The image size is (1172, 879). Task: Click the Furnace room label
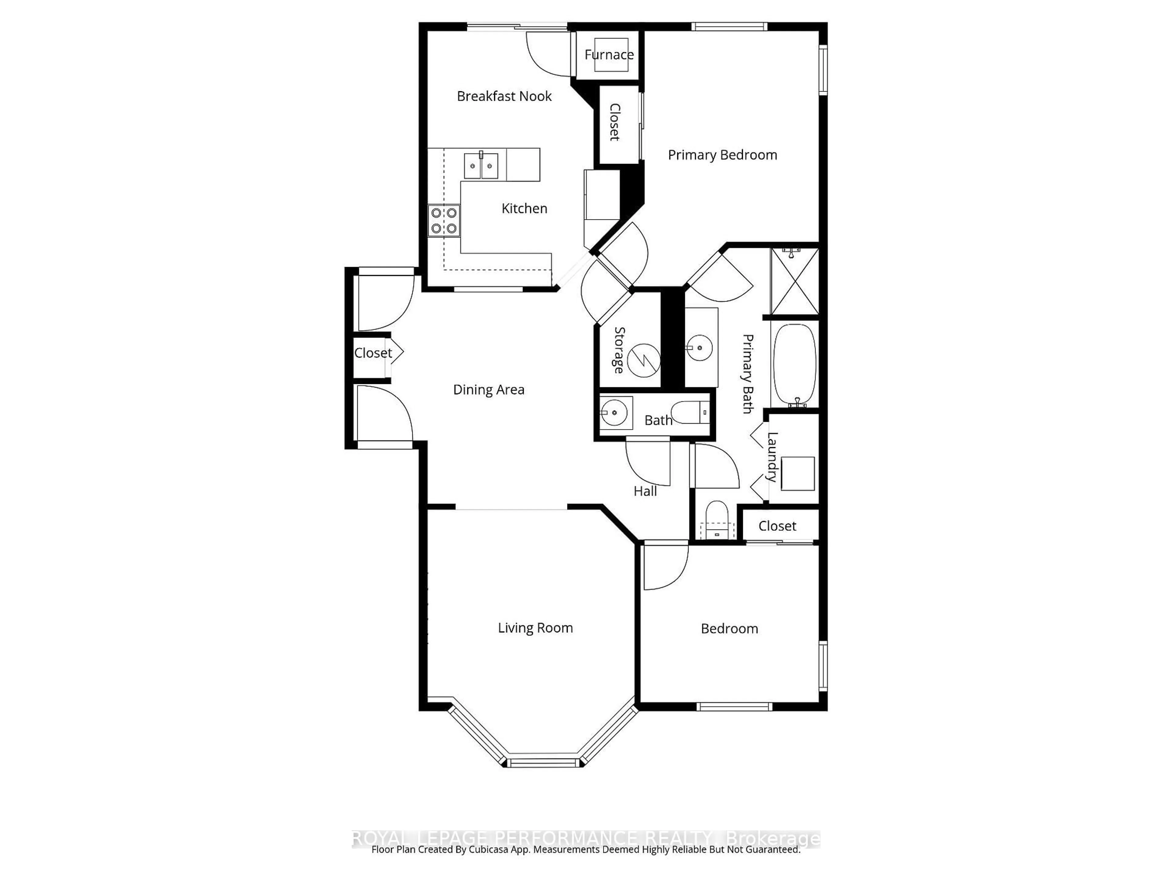(x=609, y=55)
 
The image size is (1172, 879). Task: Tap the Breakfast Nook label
(x=504, y=96)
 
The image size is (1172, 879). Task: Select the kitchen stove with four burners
(x=444, y=220)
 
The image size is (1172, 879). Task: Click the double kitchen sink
(x=481, y=166)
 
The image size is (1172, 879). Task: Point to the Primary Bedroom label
(x=722, y=155)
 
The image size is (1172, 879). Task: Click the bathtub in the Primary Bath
(x=795, y=365)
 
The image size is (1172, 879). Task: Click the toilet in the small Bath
(x=689, y=412)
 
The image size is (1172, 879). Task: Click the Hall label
(x=645, y=491)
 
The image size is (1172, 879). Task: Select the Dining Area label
(x=489, y=389)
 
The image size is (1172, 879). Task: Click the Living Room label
(x=535, y=628)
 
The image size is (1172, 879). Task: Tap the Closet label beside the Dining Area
(x=373, y=353)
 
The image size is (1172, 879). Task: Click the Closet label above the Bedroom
(x=777, y=526)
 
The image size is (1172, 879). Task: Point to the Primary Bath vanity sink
(x=700, y=348)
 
